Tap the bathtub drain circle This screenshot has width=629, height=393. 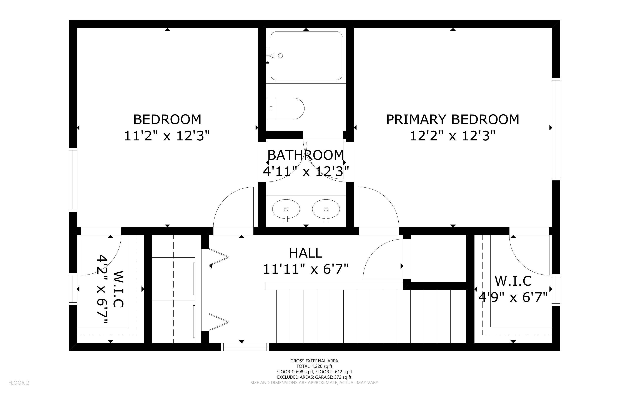pos(280,56)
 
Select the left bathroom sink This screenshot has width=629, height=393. pos(286,210)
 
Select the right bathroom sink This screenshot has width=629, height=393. pos(326,210)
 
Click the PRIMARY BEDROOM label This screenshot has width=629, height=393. pos(453,120)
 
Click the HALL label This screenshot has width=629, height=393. pos(306,253)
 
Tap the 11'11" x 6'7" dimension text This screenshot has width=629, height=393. pos(306,269)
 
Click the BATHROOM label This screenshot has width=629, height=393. pos(306,155)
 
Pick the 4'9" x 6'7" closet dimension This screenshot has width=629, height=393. pos(513,297)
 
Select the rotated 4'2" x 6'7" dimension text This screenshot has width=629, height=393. pos(102,290)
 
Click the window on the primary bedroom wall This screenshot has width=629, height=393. pos(556,129)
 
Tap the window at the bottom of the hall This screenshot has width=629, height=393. pos(245,347)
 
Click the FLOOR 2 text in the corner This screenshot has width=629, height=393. pos(19,383)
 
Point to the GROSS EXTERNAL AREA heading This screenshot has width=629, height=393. pos(314,361)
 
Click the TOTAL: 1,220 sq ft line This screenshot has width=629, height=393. pos(314,366)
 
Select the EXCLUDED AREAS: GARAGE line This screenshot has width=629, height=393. pos(314,377)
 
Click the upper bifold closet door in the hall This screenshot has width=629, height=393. pos(218,257)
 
